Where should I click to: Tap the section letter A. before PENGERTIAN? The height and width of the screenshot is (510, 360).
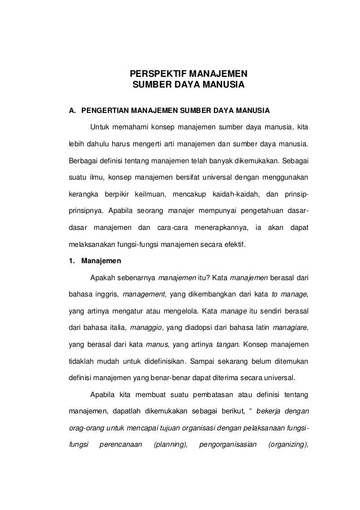(72, 108)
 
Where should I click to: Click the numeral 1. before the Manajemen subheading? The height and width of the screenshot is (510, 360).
(72, 261)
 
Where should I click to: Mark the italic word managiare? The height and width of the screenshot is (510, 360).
(291, 326)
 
